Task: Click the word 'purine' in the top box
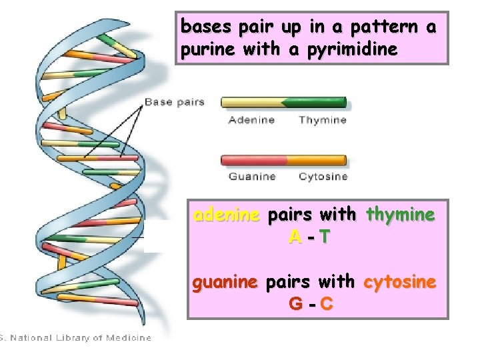coord(200,51)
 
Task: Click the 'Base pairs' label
coord(174,102)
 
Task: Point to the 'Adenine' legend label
coord(251,120)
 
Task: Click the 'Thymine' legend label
coord(322,120)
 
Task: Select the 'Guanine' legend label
coord(251,177)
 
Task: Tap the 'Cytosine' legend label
coord(323,177)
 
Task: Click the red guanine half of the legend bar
coord(251,160)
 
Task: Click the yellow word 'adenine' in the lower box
coord(227,215)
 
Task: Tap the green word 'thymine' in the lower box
coord(400,215)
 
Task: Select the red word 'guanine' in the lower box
coord(225,282)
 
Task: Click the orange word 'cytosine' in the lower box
coord(400,282)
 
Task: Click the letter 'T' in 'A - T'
coord(323,236)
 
